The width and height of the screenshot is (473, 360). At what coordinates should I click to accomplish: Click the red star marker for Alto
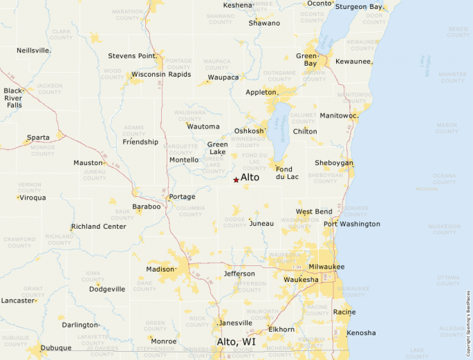(x=236, y=180)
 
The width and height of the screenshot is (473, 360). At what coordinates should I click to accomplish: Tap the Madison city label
(x=160, y=269)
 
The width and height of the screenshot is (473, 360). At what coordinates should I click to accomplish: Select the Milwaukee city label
(x=326, y=267)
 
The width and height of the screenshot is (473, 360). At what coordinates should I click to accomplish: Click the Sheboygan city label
(x=335, y=163)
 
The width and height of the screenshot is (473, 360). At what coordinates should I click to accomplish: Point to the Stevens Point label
(x=131, y=56)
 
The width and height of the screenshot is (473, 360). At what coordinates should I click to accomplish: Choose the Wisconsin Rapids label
(x=160, y=74)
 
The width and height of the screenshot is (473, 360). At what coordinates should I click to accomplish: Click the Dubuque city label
(x=56, y=348)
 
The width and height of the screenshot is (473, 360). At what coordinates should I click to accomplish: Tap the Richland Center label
(x=99, y=226)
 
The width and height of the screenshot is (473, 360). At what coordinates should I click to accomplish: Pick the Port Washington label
(x=352, y=224)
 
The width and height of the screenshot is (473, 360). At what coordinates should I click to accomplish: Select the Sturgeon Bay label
(x=358, y=7)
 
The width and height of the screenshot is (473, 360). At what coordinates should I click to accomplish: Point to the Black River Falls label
(x=13, y=97)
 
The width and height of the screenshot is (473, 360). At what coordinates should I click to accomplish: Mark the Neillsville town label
(x=33, y=50)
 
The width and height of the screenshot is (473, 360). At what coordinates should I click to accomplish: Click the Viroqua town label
(x=33, y=198)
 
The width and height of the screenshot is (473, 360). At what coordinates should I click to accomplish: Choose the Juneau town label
(x=261, y=223)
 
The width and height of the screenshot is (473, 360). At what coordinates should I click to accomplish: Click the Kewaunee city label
(x=354, y=61)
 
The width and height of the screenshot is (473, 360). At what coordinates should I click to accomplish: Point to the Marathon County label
(x=127, y=15)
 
